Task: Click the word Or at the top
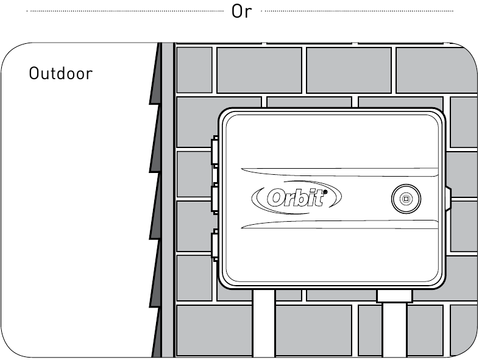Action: coord(241,12)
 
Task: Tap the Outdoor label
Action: coord(61,74)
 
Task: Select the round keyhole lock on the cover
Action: coord(405,199)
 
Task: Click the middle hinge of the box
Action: coord(215,199)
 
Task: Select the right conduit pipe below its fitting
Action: coord(394,332)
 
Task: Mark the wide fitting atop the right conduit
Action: coord(395,297)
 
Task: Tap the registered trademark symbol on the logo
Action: coord(325,191)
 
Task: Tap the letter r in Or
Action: coord(247,13)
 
